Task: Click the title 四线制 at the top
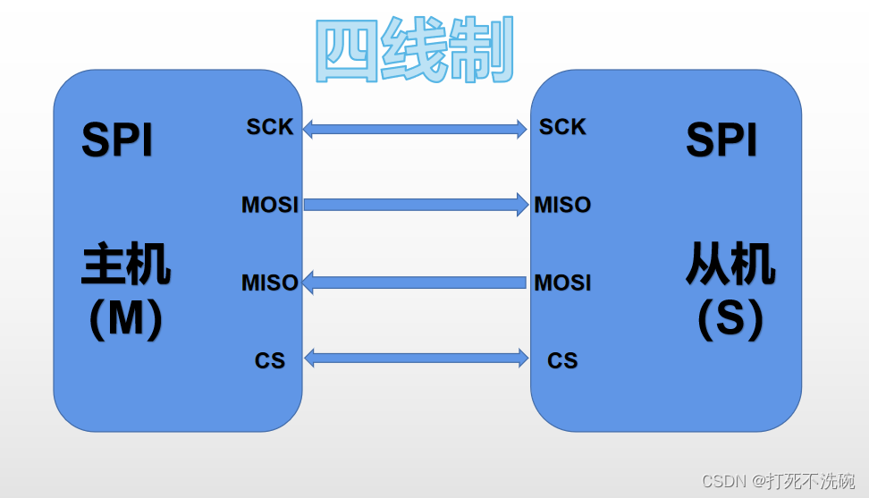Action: [x=416, y=51]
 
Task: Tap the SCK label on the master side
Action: [x=269, y=127]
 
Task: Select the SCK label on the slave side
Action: [x=562, y=127]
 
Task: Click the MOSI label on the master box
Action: [x=269, y=205]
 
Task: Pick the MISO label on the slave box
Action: [x=562, y=205]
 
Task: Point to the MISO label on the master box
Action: [x=269, y=283]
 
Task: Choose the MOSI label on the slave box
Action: [x=562, y=283]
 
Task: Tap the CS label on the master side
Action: [x=269, y=360]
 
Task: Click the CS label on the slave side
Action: [x=562, y=360]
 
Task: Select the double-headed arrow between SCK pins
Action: [x=415, y=129]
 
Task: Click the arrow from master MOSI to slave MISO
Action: [x=415, y=205]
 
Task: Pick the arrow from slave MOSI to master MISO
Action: [x=415, y=283]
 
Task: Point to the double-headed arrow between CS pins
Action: [x=415, y=359]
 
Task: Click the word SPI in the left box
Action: [x=117, y=140]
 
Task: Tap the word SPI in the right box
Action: [x=721, y=140]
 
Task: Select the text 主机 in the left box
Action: [x=126, y=265]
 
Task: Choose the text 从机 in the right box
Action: [x=730, y=265]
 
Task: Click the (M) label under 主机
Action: [x=126, y=319]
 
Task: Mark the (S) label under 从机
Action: [x=730, y=319]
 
